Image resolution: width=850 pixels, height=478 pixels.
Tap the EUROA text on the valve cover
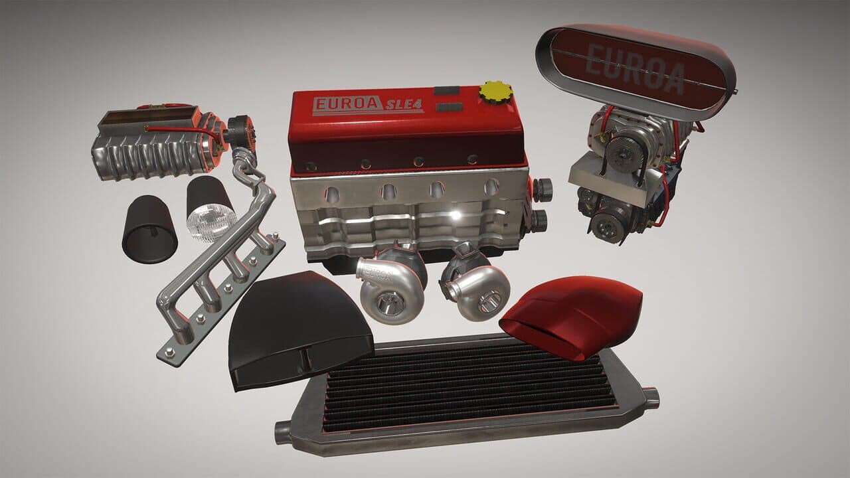point(347,104)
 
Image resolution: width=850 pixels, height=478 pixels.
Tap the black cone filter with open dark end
point(149,230)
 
